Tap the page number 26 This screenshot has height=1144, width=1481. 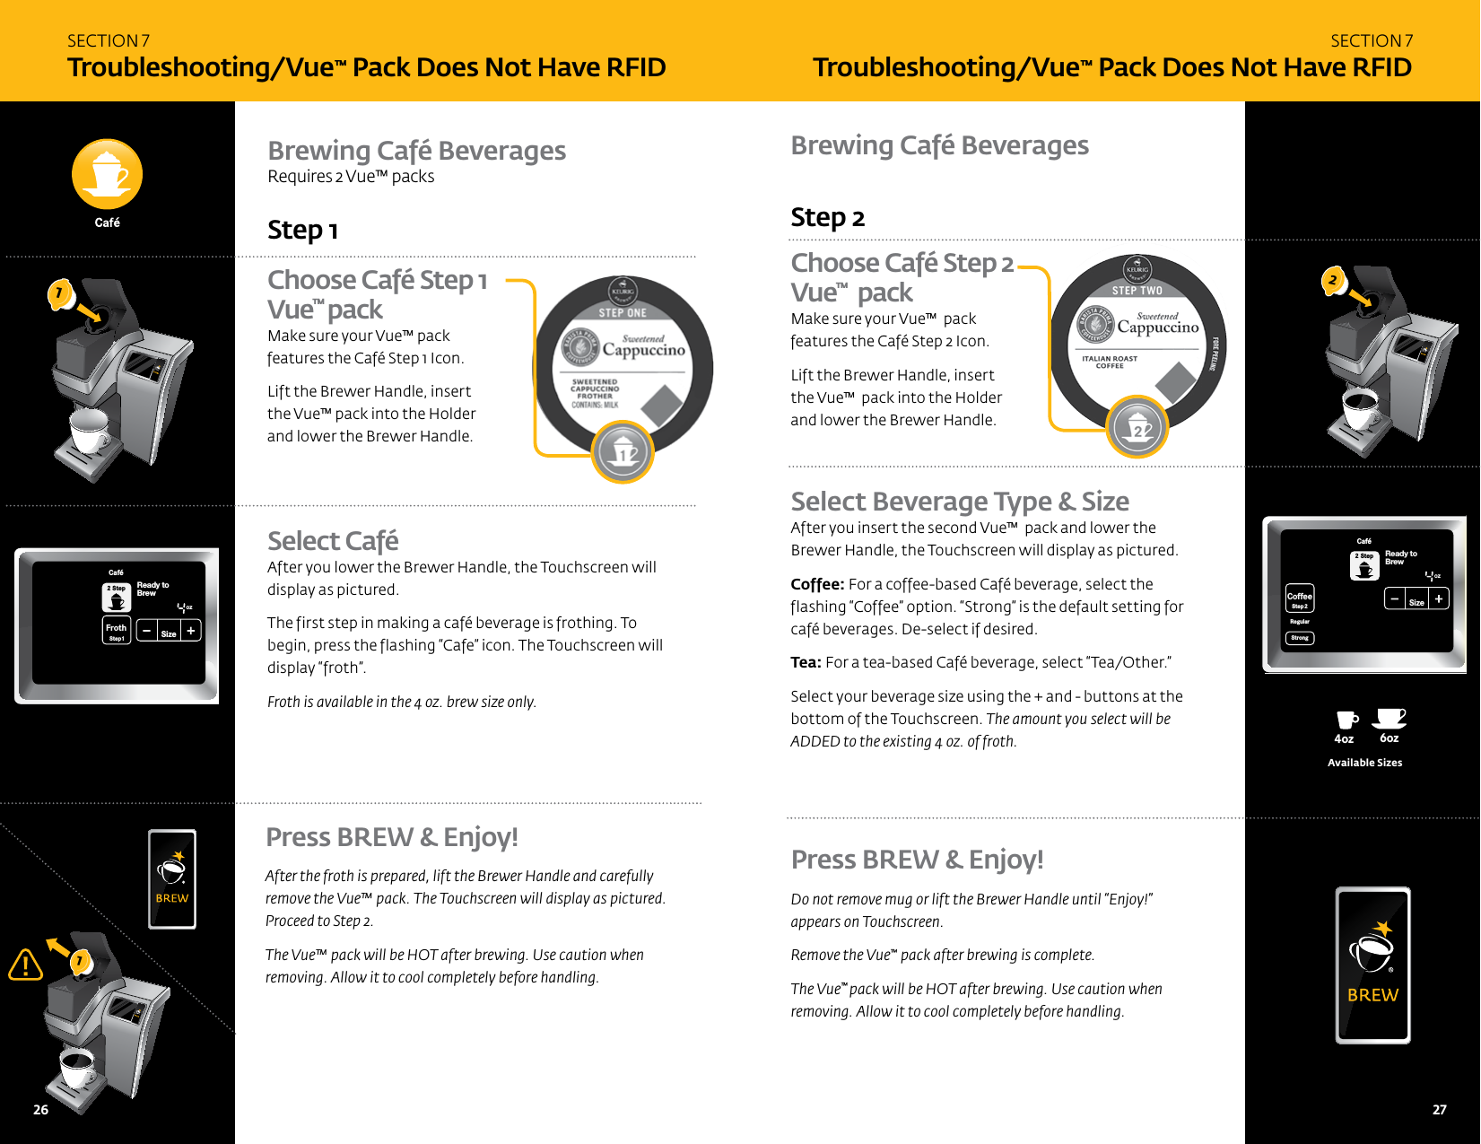[40, 1110]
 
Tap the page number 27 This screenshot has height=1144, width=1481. [1439, 1110]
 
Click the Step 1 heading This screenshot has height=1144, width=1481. [302, 231]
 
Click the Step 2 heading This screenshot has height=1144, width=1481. [827, 218]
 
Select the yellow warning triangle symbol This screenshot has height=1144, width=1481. [26, 965]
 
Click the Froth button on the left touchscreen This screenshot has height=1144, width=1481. [117, 630]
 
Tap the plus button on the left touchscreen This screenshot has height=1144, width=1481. [191, 632]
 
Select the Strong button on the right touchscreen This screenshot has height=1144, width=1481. [1300, 638]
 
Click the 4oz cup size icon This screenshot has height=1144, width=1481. [1346, 720]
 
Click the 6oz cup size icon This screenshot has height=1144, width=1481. [1390, 719]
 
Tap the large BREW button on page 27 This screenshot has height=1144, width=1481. [1372, 965]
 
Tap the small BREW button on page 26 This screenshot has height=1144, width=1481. [172, 879]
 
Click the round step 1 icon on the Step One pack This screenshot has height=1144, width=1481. [623, 452]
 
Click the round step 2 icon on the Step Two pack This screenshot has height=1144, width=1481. [1137, 427]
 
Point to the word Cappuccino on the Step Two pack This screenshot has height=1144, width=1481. [1158, 328]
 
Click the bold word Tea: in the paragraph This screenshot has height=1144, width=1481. [806, 663]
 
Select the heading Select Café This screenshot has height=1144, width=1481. [333, 541]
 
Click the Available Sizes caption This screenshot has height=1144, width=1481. [1364, 763]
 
